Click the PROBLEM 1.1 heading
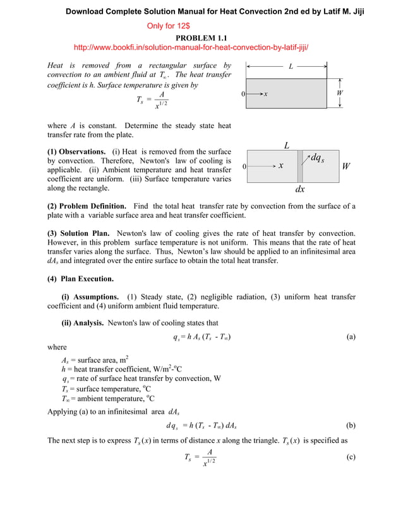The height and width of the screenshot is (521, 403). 201,38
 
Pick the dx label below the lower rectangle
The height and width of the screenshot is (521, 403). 300,189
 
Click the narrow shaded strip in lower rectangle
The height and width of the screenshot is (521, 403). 300,167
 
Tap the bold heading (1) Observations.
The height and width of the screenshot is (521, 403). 76,152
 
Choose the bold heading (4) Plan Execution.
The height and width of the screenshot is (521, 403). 81,279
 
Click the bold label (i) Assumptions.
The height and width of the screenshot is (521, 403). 90,297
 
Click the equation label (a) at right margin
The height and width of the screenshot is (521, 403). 351,337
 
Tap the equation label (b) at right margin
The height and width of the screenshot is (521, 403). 351,426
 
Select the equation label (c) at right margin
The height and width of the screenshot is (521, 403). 351,458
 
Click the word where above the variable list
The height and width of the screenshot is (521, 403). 57,348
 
